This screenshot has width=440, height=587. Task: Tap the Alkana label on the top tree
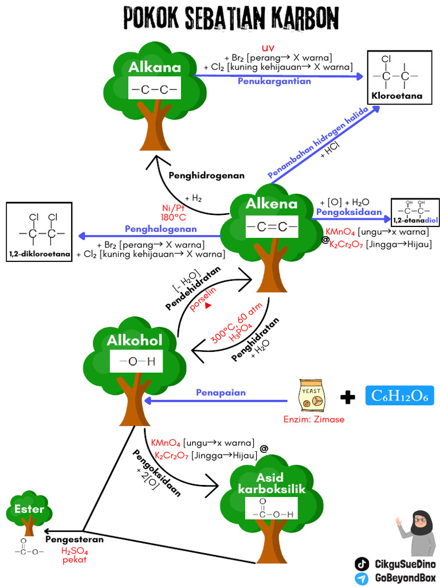pyautogui.click(x=154, y=67)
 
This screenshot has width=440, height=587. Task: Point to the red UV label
pyautogui.click(x=268, y=47)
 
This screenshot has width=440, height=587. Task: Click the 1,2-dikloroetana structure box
pyautogui.click(x=40, y=232)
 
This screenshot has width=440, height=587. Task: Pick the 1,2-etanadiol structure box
pyautogui.click(x=415, y=212)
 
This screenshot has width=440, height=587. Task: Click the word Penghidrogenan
pyautogui.click(x=206, y=175)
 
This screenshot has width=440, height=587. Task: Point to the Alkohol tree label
pyautogui.click(x=135, y=340)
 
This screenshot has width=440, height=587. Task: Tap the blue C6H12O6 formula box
pyautogui.click(x=399, y=396)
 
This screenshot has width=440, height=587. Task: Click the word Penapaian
pyautogui.click(x=221, y=393)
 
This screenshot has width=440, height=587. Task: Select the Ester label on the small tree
pyautogui.click(x=29, y=508)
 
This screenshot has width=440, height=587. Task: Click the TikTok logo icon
pyautogui.click(x=362, y=564)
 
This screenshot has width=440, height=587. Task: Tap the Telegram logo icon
pyautogui.click(x=362, y=578)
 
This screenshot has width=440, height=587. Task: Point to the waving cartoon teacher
pyautogui.click(x=417, y=530)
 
